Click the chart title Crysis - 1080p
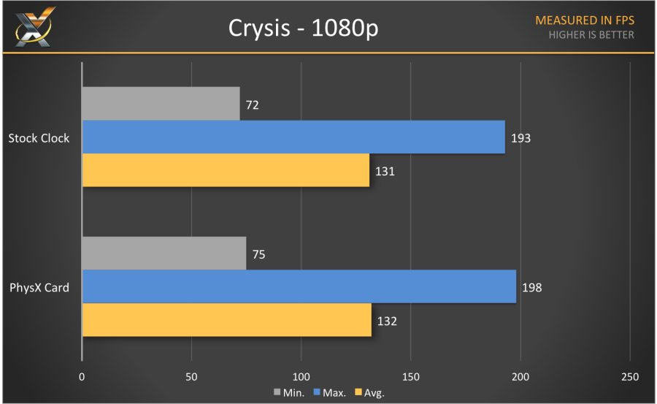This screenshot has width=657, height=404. click(304, 28)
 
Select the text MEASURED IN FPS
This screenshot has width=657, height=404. click(584, 20)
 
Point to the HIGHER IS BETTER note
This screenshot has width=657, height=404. click(591, 34)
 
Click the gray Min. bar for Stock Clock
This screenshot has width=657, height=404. click(161, 104)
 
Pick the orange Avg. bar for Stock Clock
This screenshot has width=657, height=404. click(226, 170)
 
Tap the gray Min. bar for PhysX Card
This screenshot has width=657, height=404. click(164, 254)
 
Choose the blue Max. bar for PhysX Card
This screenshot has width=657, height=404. click(299, 287)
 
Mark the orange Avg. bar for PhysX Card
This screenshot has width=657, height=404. click(226, 320)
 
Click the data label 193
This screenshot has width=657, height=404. click(520, 138)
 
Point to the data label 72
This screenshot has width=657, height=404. click(253, 105)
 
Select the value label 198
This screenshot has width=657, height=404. click(531, 288)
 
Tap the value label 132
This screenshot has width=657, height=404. click(387, 321)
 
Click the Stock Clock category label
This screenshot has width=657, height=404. click(39, 137)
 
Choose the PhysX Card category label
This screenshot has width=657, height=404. click(39, 287)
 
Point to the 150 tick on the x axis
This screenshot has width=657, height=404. click(411, 377)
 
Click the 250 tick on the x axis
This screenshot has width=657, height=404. click(629, 377)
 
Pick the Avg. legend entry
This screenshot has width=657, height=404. click(369, 393)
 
